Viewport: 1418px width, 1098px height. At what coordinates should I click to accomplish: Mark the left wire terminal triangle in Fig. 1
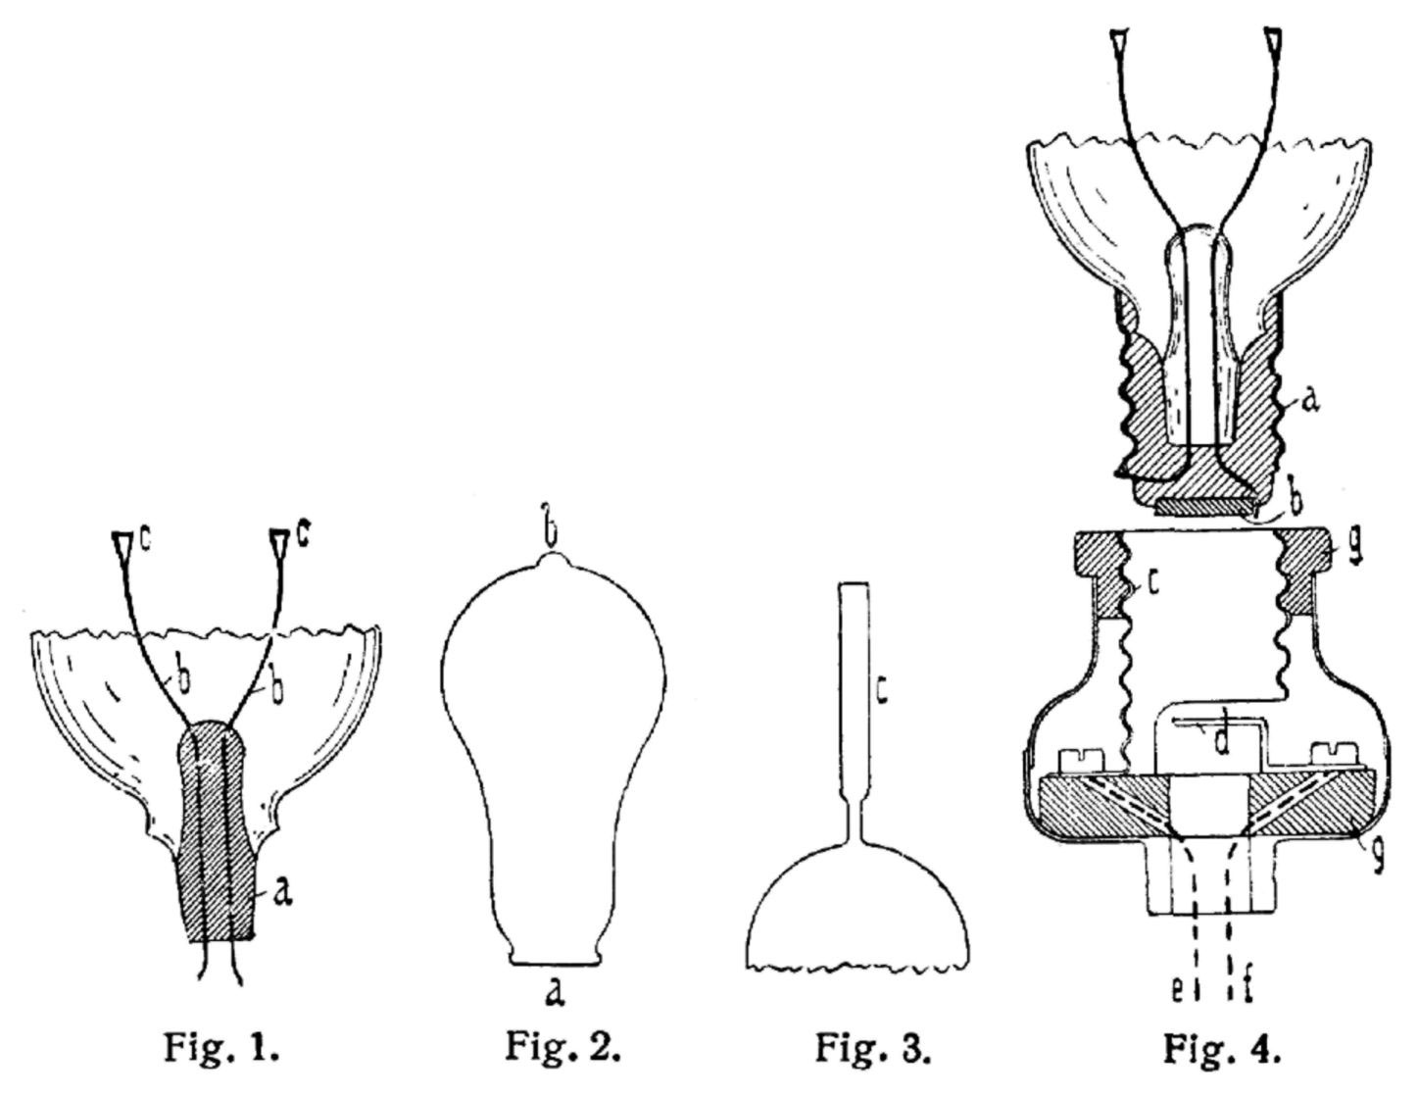(122, 544)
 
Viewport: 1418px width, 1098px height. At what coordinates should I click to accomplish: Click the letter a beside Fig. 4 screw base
(1308, 401)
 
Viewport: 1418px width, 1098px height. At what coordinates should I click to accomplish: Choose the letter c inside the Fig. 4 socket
(1152, 583)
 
